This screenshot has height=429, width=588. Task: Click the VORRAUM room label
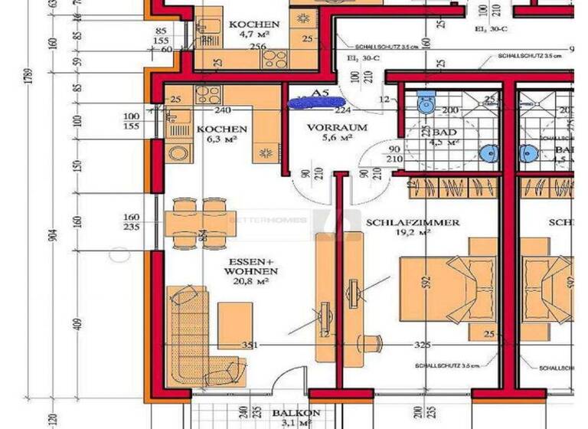337,128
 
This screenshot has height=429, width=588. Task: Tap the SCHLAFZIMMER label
413,223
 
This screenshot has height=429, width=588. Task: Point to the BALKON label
295,414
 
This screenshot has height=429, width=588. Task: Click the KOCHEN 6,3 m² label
221,129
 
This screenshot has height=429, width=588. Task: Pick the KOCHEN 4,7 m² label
254,25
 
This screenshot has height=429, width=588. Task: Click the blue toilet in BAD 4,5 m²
427,100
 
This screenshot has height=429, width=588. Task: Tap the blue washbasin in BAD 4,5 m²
488,152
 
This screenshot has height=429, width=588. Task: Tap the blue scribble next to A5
315,100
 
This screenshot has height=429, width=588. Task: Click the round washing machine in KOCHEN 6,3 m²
178,152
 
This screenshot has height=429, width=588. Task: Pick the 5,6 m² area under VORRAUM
337,139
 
